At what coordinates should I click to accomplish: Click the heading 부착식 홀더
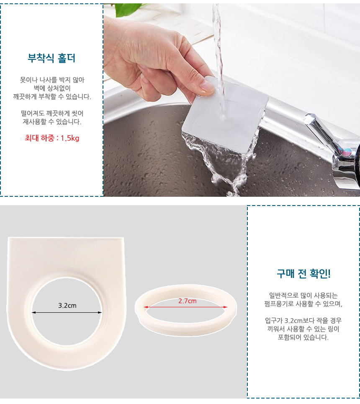(51, 58)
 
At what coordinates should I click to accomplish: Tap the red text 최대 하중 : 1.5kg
(52, 138)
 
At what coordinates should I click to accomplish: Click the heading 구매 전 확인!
(303, 273)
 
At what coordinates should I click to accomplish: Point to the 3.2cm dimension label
(67, 306)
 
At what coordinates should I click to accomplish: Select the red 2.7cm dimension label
(188, 301)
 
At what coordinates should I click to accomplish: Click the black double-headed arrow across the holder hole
(67, 313)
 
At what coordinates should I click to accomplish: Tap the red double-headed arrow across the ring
(185, 307)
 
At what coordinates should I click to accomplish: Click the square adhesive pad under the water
(225, 115)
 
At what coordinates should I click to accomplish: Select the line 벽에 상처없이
(52, 88)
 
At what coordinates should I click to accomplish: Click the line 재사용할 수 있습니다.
(52, 121)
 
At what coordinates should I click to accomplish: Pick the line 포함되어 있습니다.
(303, 337)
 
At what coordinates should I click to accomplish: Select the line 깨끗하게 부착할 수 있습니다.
(52, 97)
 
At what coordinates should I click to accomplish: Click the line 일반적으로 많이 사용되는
(303, 295)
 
